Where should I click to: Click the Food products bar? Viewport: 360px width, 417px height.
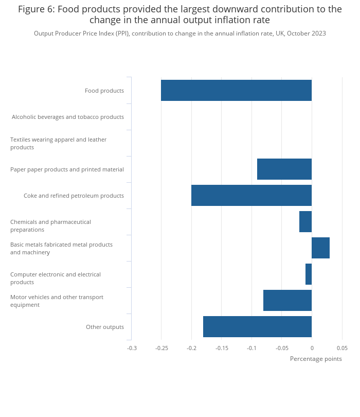pyautogui.click(x=236, y=91)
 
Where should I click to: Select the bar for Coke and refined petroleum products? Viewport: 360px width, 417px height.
pyautogui.click(x=251, y=196)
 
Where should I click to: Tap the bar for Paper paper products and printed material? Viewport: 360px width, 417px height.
pyautogui.click(x=284, y=169)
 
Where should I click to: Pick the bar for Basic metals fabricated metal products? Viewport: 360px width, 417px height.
pyautogui.click(x=321, y=248)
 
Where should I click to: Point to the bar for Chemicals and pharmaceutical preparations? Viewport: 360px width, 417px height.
pyautogui.click(x=305, y=221)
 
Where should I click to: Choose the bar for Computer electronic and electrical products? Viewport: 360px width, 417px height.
pyautogui.click(x=309, y=274)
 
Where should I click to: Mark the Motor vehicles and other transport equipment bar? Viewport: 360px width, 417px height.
pyautogui.click(x=287, y=300)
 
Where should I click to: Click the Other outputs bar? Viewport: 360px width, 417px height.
pyautogui.click(x=258, y=326)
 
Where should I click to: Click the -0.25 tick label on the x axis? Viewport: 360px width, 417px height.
pyautogui.click(x=161, y=348)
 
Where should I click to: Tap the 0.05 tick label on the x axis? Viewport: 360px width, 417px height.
pyautogui.click(x=342, y=348)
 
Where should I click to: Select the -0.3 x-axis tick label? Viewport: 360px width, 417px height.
pyautogui.click(x=132, y=348)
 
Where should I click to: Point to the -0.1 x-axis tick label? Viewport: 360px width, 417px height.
pyautogui.click(x=251, y=348)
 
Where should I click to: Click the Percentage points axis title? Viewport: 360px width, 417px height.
pyautogui.click(x=316, y=359)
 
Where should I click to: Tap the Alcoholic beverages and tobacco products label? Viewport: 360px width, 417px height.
pyautogui.click(x=68, y=117)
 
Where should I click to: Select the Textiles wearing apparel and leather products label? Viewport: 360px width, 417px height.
pyautogui.click(x=59, y=143)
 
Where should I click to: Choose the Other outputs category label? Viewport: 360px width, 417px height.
pyautogui.click(x=105, y=327)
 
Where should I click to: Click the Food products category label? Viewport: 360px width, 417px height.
pyautogui.click(x=104, y=91)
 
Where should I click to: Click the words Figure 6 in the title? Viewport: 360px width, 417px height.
pyautogui.click(x=37, y=9)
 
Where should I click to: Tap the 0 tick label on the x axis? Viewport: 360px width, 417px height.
pyautogui.click(x=312, y=348)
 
